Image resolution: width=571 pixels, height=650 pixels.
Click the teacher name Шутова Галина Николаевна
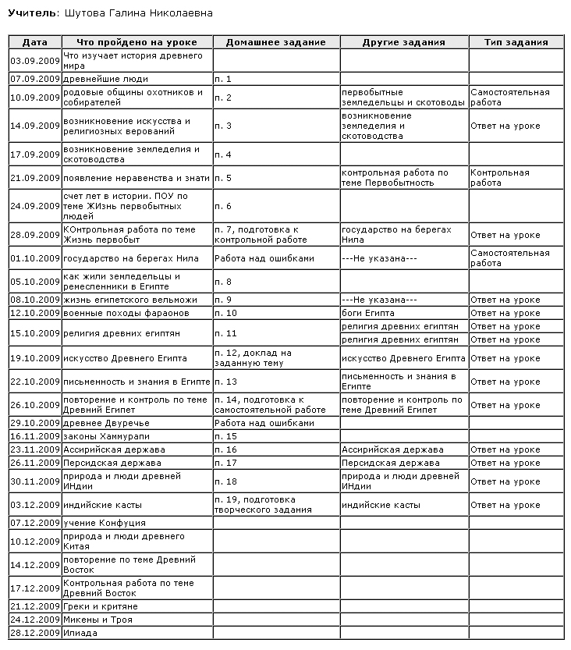click(x=136, y=13)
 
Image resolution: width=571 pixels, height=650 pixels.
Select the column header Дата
click(x=35, y=42)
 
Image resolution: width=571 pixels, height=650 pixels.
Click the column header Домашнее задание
click(x=275, y=42)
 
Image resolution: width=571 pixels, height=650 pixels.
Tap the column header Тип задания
click(x=516, y=42)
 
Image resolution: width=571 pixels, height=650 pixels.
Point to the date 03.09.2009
click(x=35, y=61)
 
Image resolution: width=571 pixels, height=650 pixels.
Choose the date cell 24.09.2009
click(x=35, y=206)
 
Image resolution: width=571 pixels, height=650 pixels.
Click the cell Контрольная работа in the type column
click(x=500, y=178)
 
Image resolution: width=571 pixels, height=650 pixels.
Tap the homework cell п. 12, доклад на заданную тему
click(x=252, y=358)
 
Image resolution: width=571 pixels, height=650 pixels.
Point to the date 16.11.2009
click(x=35, y=436)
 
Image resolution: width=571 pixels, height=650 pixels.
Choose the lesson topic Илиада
click(x=80, y=633)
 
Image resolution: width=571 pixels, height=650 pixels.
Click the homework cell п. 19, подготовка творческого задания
click(x=262, y=505)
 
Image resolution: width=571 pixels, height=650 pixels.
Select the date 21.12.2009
click(x=35, y=606)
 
